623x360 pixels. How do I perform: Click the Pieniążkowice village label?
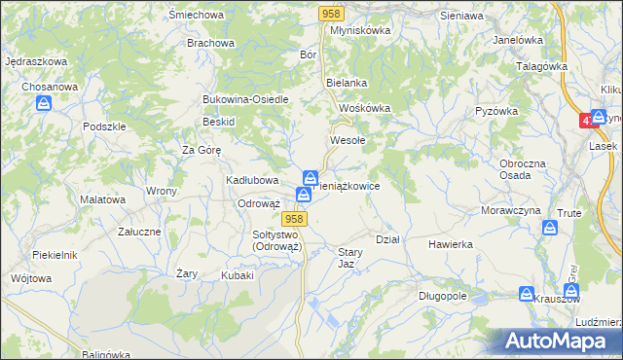[x=356, y=184]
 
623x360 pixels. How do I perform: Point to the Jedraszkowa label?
[x=36, y=61]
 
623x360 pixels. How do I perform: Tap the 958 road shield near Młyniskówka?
[x=332, y=13]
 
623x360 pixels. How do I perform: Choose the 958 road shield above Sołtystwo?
[x=297, y=219]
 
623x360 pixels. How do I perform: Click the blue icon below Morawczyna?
[x=550, y=228]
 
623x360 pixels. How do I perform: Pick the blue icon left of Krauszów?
[x=527, y=294]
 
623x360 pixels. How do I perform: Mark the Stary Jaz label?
[x=350, y=258]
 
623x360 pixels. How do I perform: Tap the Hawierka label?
[x=450, y=244]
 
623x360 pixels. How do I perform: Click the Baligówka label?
[x=106, y=353]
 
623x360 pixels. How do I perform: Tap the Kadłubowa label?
[x=253, y=180]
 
